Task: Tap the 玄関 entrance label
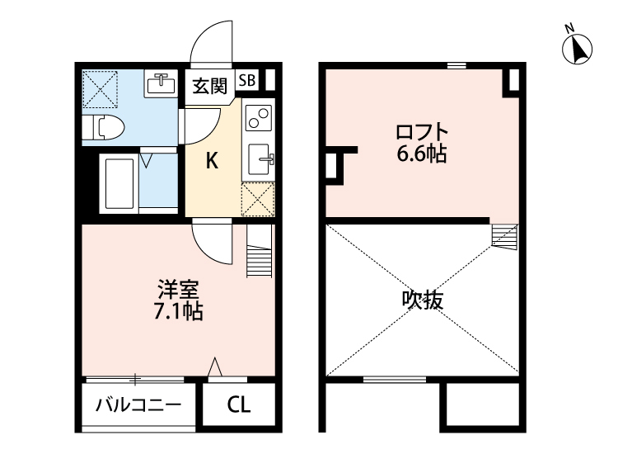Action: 210,86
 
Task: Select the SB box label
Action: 246,80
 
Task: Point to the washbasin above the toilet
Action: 162,84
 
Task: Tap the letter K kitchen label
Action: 212,161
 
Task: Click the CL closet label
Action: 239,405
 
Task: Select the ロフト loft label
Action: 421,131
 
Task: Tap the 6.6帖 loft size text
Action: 421,154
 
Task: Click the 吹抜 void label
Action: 422,300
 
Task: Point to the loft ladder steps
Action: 503,235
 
